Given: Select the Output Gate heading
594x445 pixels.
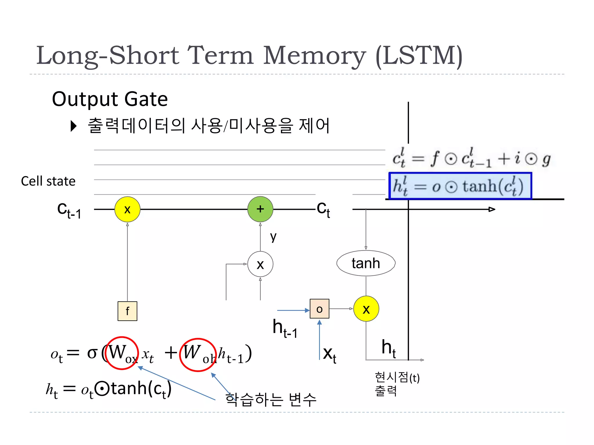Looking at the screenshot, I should pos(110,99).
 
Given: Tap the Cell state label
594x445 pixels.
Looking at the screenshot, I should pos(48,181).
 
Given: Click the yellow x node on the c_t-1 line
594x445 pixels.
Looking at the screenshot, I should pos(127,209).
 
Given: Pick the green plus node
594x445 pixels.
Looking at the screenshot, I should pos(260,209).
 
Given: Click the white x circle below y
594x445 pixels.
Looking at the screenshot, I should pos(260,264).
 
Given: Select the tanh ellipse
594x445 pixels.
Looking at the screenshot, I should pos(366,263).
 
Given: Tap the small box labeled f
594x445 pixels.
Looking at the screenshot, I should pos(127,311).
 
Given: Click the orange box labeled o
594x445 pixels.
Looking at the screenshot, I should pos(319,309).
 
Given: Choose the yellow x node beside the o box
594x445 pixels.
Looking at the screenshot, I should pos(366,309).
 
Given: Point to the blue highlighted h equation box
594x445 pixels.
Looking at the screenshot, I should pos(460,186).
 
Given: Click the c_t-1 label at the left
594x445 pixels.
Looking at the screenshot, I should pos(69,210).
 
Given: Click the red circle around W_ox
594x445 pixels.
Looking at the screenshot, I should pos(122,353).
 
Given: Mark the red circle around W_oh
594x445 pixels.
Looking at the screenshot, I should pos(198,355).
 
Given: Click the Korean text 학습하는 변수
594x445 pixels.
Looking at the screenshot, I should pos(270,400).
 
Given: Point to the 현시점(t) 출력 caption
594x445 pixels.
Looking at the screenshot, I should pos(397,384).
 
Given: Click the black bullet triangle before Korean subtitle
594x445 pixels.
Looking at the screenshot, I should pos(74,126).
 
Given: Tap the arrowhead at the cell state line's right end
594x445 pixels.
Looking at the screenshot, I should pos(492,209).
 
